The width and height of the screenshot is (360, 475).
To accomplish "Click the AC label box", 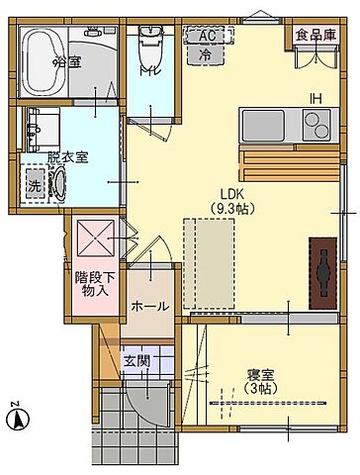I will (x=207, y=35).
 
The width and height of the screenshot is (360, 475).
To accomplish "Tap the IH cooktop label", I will (x=315, y=97).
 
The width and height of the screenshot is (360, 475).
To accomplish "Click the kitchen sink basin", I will (x=263, y=128).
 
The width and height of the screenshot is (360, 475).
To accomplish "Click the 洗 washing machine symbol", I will (x=34, y=185).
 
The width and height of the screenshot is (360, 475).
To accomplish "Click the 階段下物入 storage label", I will (x=95, y=285).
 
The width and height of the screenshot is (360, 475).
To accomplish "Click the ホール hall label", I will (x=149, y=307).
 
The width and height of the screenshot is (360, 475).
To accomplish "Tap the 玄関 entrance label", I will (x=136, y=361).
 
